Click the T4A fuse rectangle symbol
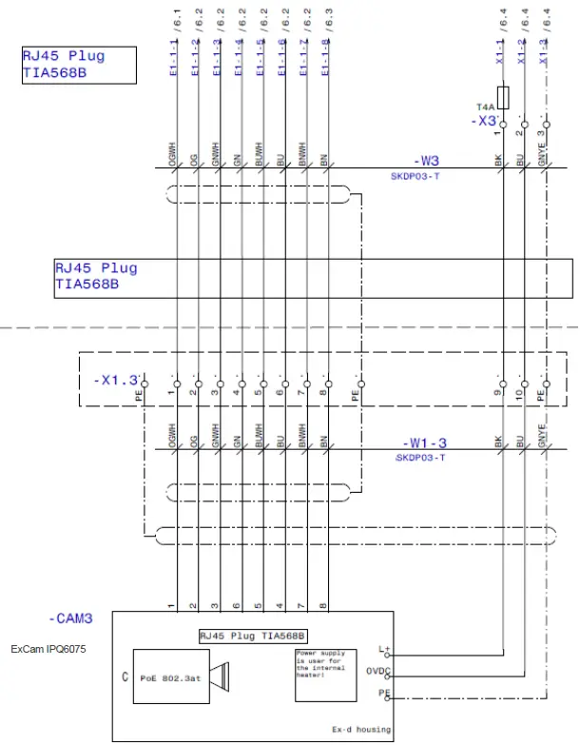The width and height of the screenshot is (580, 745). (x=502, y=96)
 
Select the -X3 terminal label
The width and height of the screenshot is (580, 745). (x=485, y=122)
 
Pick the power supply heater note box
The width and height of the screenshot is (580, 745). (x=319, y=676)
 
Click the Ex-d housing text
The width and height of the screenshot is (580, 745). (x=360, y=730)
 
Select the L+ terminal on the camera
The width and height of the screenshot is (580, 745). (x=384, y=650)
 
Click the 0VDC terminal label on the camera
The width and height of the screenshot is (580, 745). (x=377, y=672)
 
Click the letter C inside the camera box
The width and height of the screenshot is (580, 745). (x=126, y=676)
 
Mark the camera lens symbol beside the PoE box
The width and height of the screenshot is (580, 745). (x=221, y=676)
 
